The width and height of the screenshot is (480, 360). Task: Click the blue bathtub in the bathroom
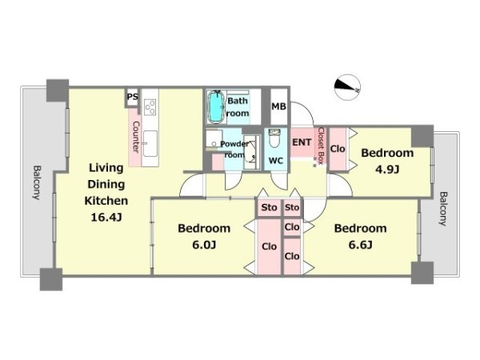pos(216,107)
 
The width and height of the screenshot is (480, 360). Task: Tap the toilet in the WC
pos(274,138)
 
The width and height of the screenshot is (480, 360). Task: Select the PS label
pos(133,97)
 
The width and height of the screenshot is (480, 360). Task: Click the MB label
pos(279,106)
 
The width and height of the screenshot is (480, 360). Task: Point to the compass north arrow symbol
pos(347,87)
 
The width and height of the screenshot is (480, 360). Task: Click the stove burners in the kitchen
pos(150,107)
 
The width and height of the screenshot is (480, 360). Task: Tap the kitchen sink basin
pos(150,143)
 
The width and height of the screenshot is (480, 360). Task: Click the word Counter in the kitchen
pos(135,137)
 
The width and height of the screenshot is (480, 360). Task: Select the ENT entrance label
pos(302,142)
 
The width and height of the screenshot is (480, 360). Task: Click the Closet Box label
pos(321,146)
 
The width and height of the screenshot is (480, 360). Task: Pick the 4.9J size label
pos(387,169)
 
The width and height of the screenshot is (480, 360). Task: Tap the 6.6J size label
pos(360,245)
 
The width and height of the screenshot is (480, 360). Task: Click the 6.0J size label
pos(204,245)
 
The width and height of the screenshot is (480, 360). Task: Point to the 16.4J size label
pos(106,217)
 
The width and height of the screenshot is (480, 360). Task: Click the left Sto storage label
pos(269,207)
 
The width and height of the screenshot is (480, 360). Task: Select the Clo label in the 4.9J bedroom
pos(338,149)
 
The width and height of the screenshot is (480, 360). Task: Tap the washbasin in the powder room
pos(250,154)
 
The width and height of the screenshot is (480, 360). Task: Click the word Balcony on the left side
pos(37,182)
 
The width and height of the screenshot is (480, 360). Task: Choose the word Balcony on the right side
pos(443,209)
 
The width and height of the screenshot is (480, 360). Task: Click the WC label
pos(276,161)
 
